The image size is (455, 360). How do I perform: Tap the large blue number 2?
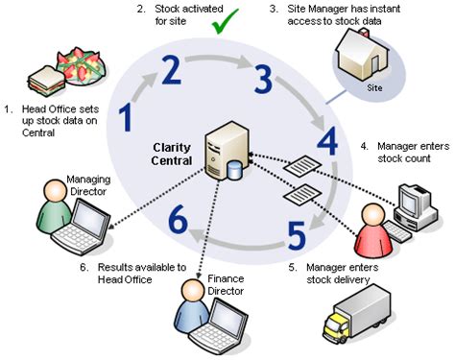pyautogui.click(x=171, y=71)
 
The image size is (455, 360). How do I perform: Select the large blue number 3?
pyautogui.click(x=263, y=79)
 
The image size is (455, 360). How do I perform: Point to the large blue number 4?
pyautogui.click(x=326, y=142)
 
